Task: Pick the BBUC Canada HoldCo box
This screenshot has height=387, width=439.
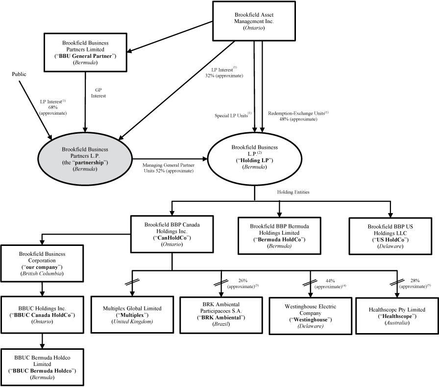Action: [42, 314]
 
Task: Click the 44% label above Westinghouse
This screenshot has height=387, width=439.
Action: [330, 283]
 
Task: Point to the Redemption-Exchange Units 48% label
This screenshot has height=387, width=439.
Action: [298, 116]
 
